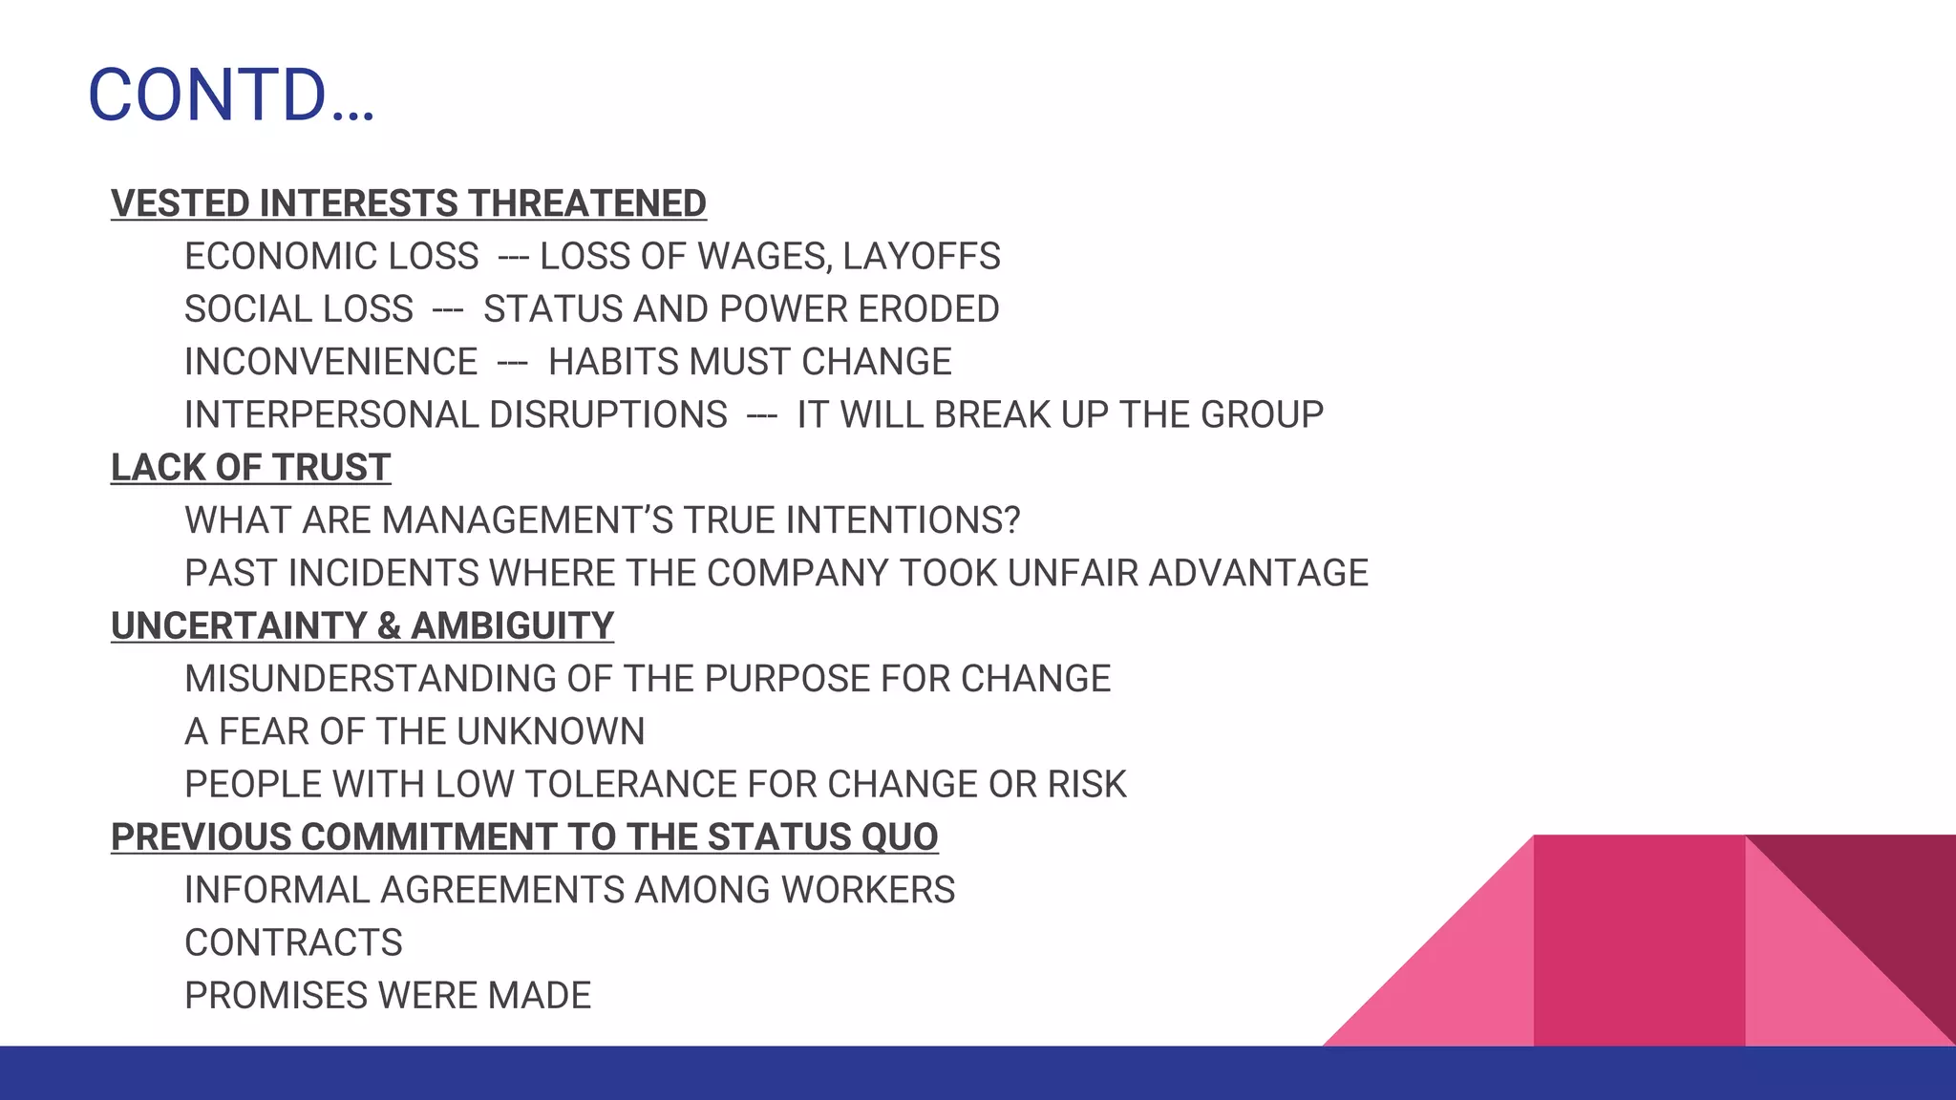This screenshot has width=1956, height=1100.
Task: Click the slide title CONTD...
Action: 230,95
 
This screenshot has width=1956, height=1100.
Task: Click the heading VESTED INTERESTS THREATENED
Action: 408,203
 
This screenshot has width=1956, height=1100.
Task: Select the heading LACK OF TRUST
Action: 250,467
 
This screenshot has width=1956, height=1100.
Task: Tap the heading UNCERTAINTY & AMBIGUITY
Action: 362,625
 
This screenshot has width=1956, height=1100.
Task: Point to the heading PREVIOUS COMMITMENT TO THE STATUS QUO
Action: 524,836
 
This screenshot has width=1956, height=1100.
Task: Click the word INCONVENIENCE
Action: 330,362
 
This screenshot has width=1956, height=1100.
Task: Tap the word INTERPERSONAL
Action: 330,414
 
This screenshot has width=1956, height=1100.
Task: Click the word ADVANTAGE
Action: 1258,573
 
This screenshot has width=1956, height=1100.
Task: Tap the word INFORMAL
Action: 277,890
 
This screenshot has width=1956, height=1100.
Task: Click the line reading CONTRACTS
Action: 293,942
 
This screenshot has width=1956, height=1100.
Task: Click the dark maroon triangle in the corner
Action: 1886,898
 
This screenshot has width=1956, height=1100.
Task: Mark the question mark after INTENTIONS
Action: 1011,520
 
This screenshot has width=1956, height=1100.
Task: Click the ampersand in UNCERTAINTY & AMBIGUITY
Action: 388,626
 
